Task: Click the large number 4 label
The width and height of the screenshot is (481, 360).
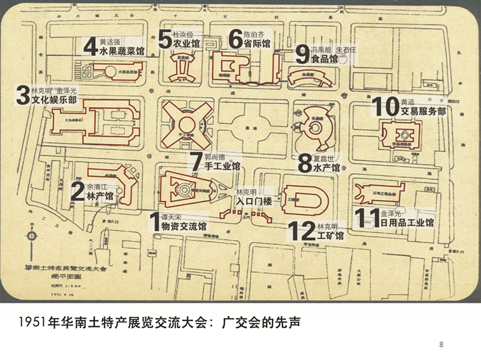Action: (91, 46)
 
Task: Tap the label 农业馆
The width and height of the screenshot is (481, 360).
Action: (187, 44)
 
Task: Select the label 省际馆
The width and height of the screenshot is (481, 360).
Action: (257, 44)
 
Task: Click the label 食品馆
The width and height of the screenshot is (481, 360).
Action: (325, 59)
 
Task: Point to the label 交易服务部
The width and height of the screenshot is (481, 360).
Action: (423, 111)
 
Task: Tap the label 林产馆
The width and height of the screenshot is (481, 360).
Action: (100, 197)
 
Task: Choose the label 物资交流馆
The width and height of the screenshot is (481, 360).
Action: (184, 227)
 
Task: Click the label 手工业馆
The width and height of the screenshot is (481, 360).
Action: (222, 167)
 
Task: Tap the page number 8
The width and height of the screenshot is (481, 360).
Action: (442, 344)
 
